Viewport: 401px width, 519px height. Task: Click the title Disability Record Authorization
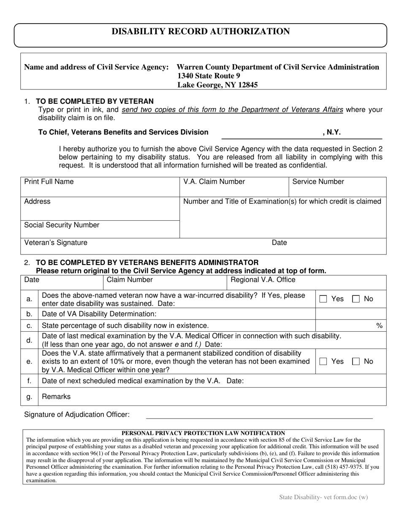[200, 32]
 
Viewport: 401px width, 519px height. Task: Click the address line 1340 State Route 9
[209, 76]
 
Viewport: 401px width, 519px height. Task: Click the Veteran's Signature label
[56, 243]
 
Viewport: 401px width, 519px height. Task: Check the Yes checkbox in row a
[323, 299]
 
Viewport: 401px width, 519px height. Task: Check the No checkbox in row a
[356, 299]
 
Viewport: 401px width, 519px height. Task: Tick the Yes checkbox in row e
[323, 362]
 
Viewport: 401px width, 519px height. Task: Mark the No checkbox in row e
[356, 362]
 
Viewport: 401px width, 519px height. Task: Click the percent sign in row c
[379, 325]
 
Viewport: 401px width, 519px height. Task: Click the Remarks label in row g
[57, 397]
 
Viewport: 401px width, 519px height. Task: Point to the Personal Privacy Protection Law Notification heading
[203, 433]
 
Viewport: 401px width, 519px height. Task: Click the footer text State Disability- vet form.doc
[323, 497]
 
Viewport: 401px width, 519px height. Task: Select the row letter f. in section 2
[29, 381]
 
